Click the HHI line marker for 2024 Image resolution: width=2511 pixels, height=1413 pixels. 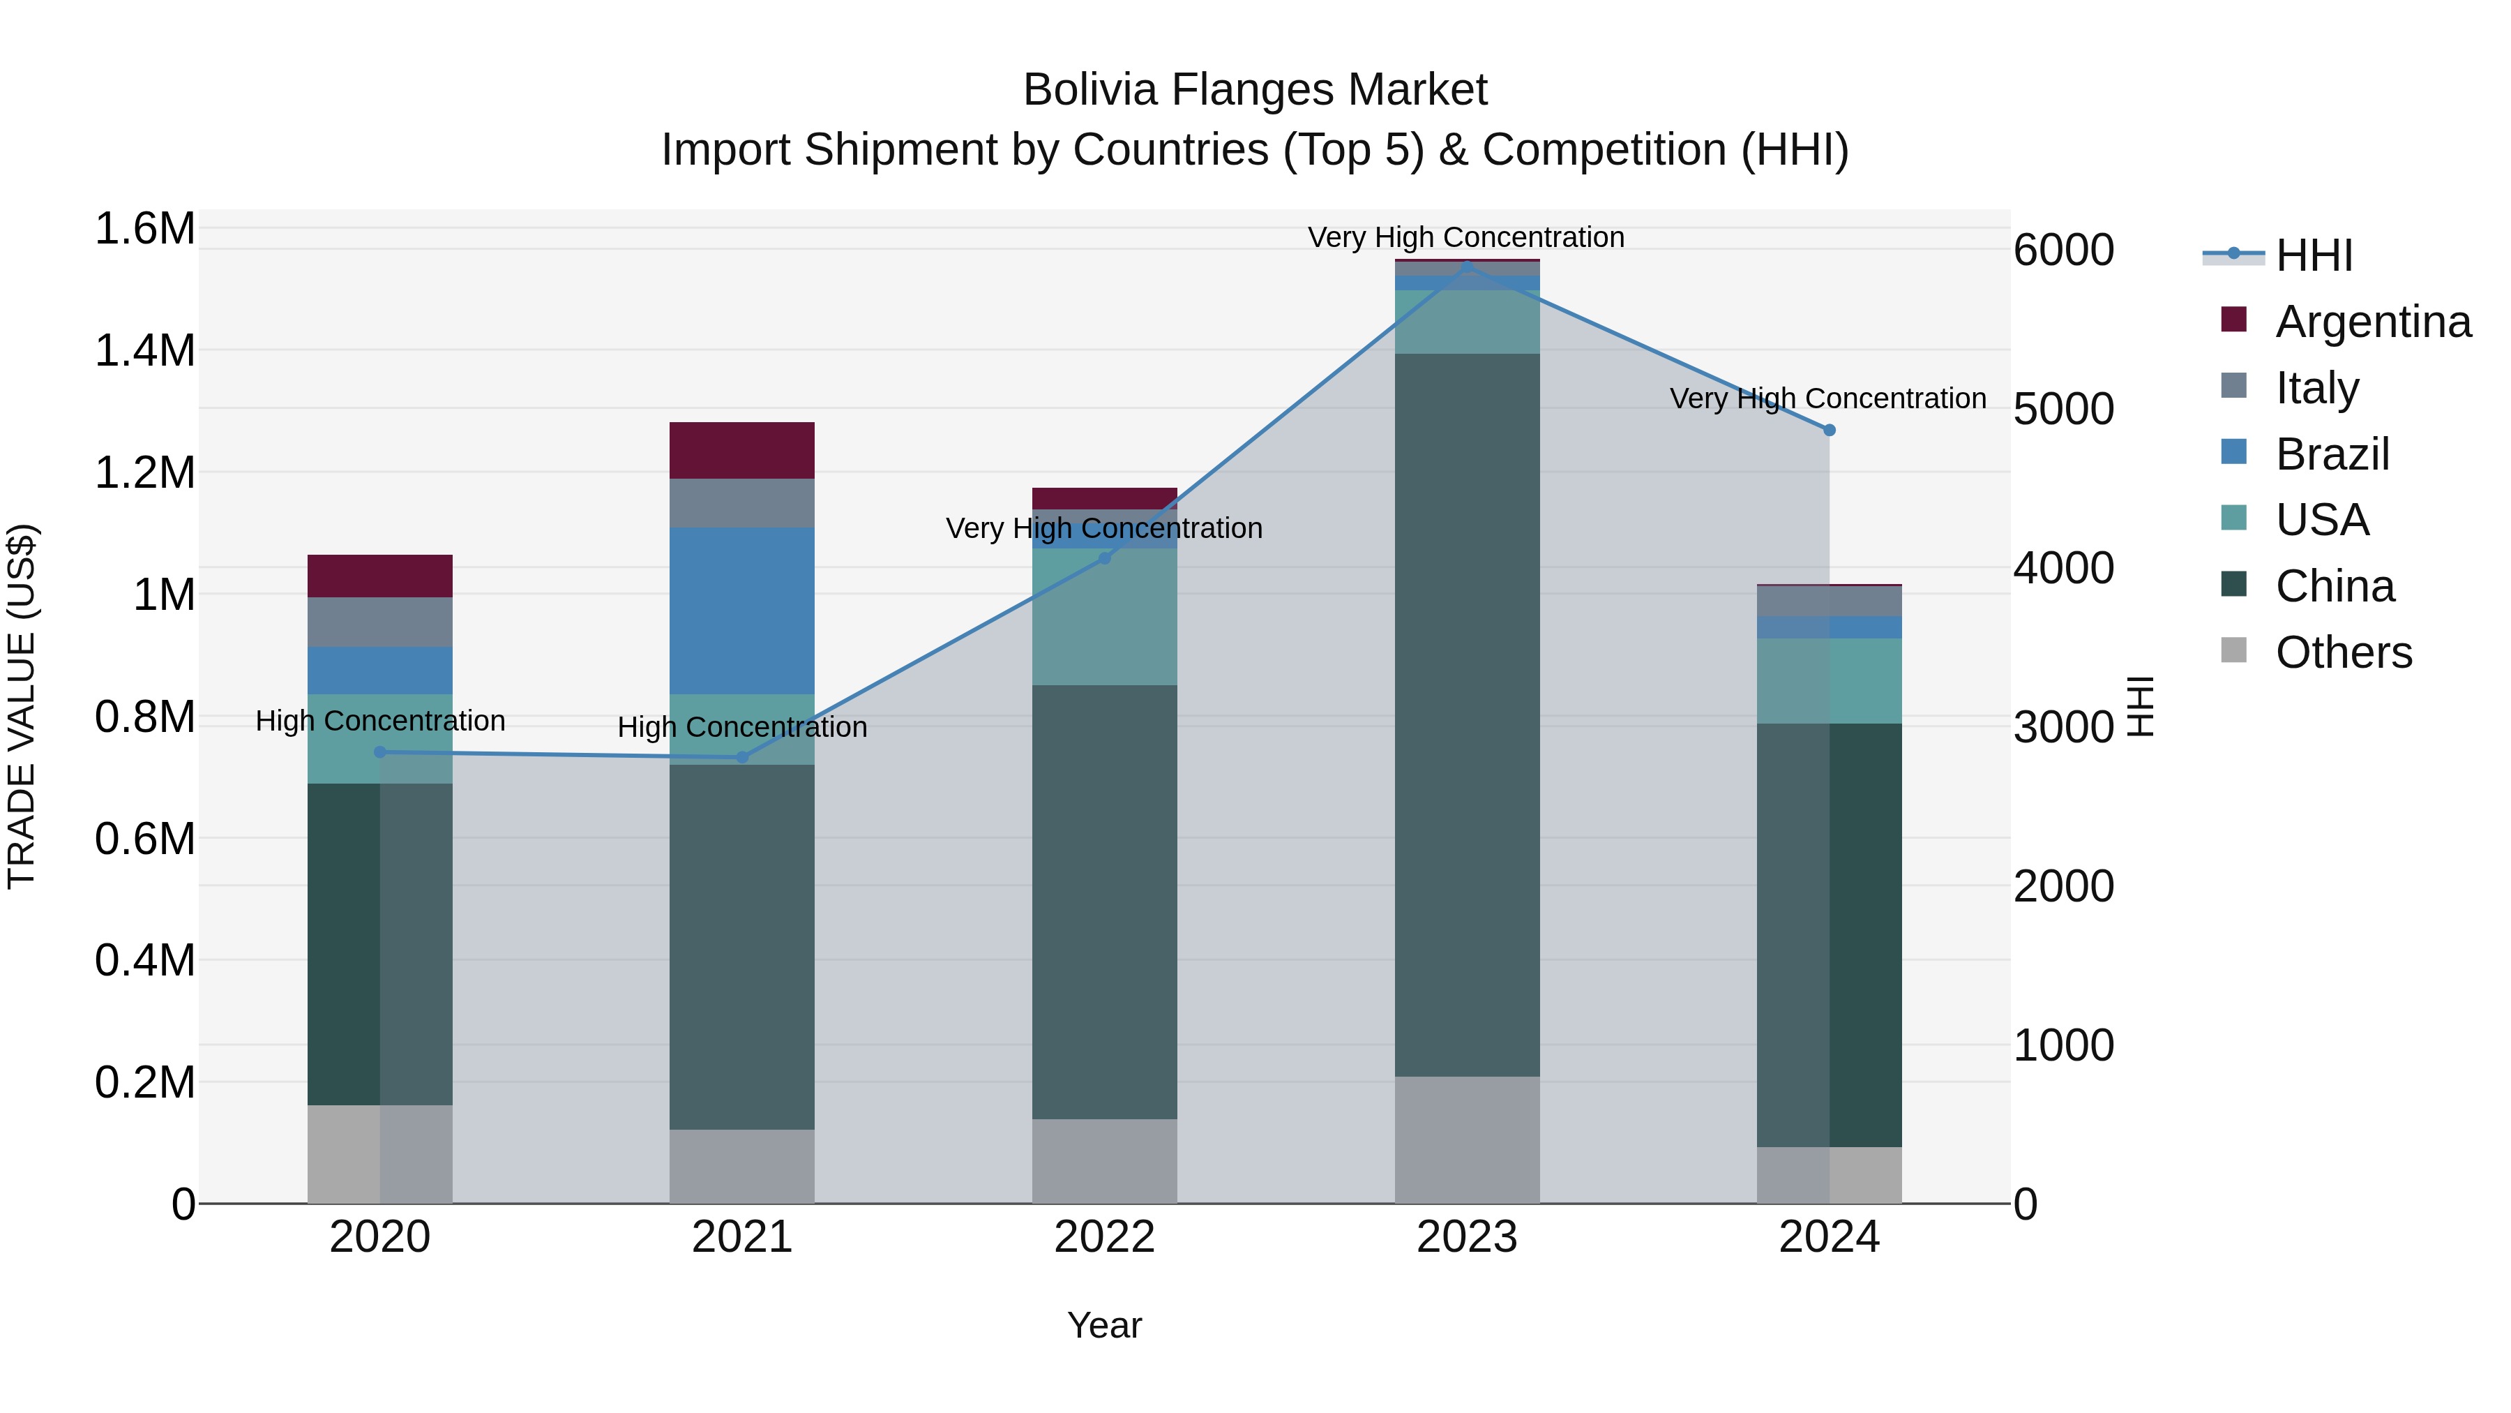tap(1829, 430)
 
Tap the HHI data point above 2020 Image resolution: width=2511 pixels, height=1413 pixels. tap(380, 752)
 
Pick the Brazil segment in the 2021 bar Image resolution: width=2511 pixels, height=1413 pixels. tap(742, 611)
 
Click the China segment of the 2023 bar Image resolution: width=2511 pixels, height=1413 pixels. tap(1467, 715)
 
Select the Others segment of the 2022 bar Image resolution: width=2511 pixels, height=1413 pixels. tap(1104, 1160)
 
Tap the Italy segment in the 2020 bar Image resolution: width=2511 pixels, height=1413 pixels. tap(380, 622)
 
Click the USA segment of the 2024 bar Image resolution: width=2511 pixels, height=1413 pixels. tap(1829, 680)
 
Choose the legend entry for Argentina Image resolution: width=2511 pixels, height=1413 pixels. tap(2373, 322)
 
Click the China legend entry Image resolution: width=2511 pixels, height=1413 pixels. tap(2335, 586)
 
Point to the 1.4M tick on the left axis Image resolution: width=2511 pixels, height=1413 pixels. tap(145, 350)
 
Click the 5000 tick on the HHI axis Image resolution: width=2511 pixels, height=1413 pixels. tap(2063, 409)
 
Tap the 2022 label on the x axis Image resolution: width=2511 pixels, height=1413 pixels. tap(1104, 1237)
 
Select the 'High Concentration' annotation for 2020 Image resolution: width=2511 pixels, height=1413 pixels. tap(380, 721)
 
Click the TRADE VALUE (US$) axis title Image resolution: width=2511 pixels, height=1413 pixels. tap(22, 706)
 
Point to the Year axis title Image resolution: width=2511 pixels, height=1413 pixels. tap(1103, 1325)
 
